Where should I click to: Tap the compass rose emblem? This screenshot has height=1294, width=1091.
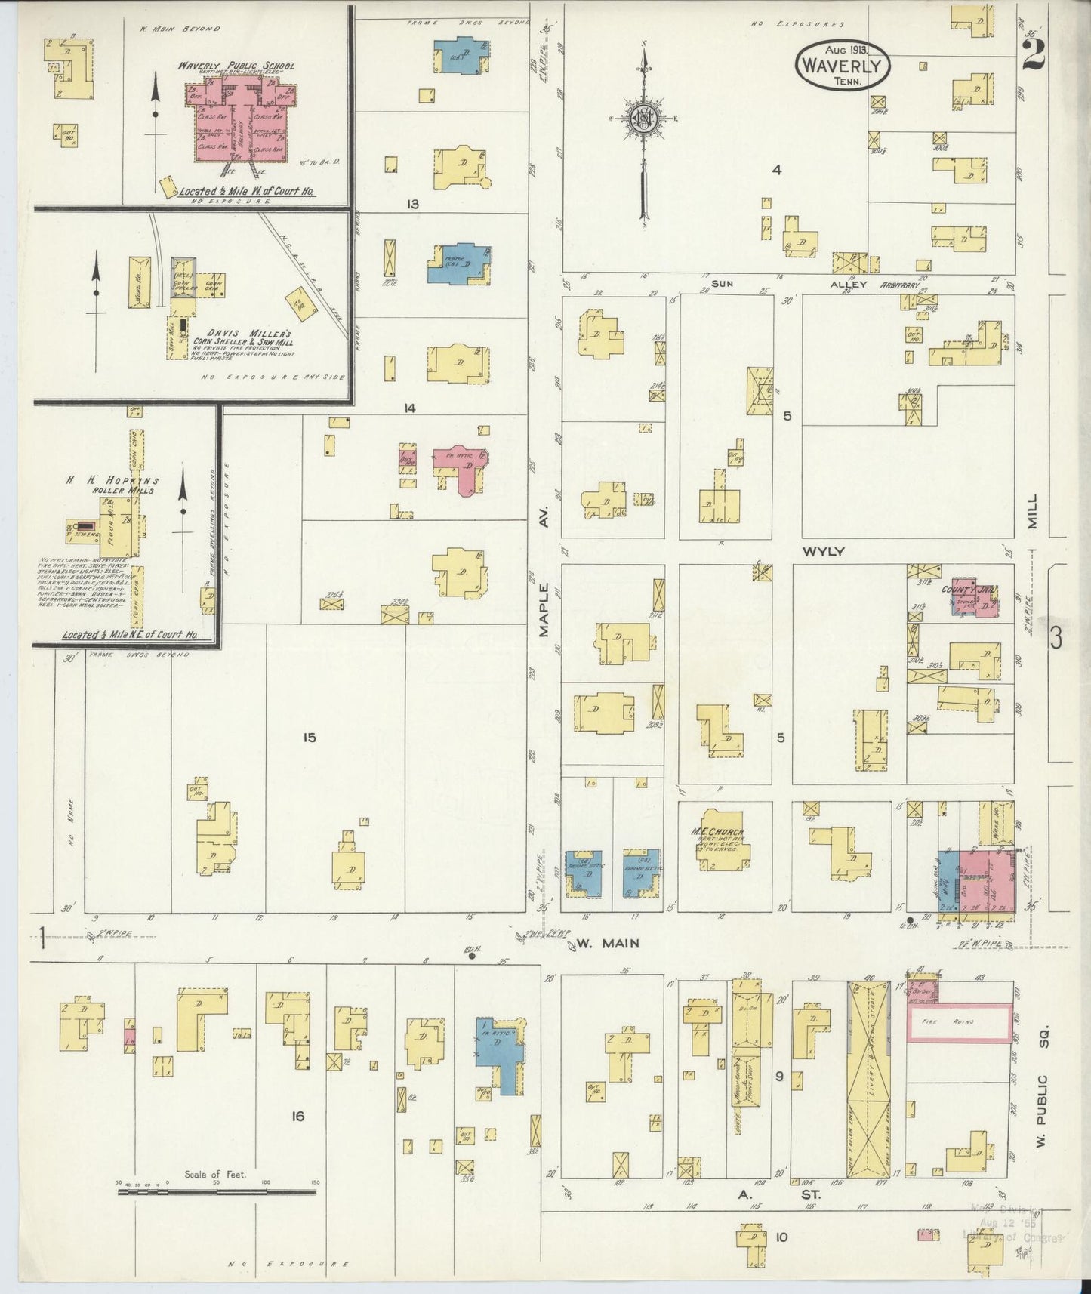(643, 119)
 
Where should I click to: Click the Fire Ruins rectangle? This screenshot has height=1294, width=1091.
(959, 1021)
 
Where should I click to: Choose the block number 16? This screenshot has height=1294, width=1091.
(297, 1116)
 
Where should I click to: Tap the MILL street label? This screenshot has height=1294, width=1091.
(1032, 514)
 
